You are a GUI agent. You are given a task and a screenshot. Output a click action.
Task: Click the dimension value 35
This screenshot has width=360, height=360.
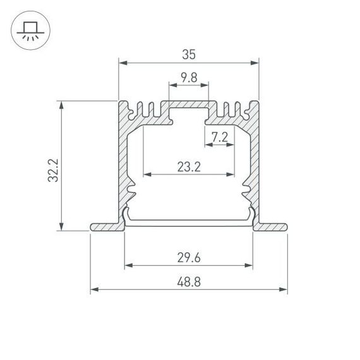[189, 55]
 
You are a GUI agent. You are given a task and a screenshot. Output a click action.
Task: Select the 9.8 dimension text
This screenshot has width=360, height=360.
[189, 78]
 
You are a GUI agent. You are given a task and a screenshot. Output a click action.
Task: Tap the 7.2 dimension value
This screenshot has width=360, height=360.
[219, 136]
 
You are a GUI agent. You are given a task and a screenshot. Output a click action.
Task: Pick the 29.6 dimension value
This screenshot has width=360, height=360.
[189, 258]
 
